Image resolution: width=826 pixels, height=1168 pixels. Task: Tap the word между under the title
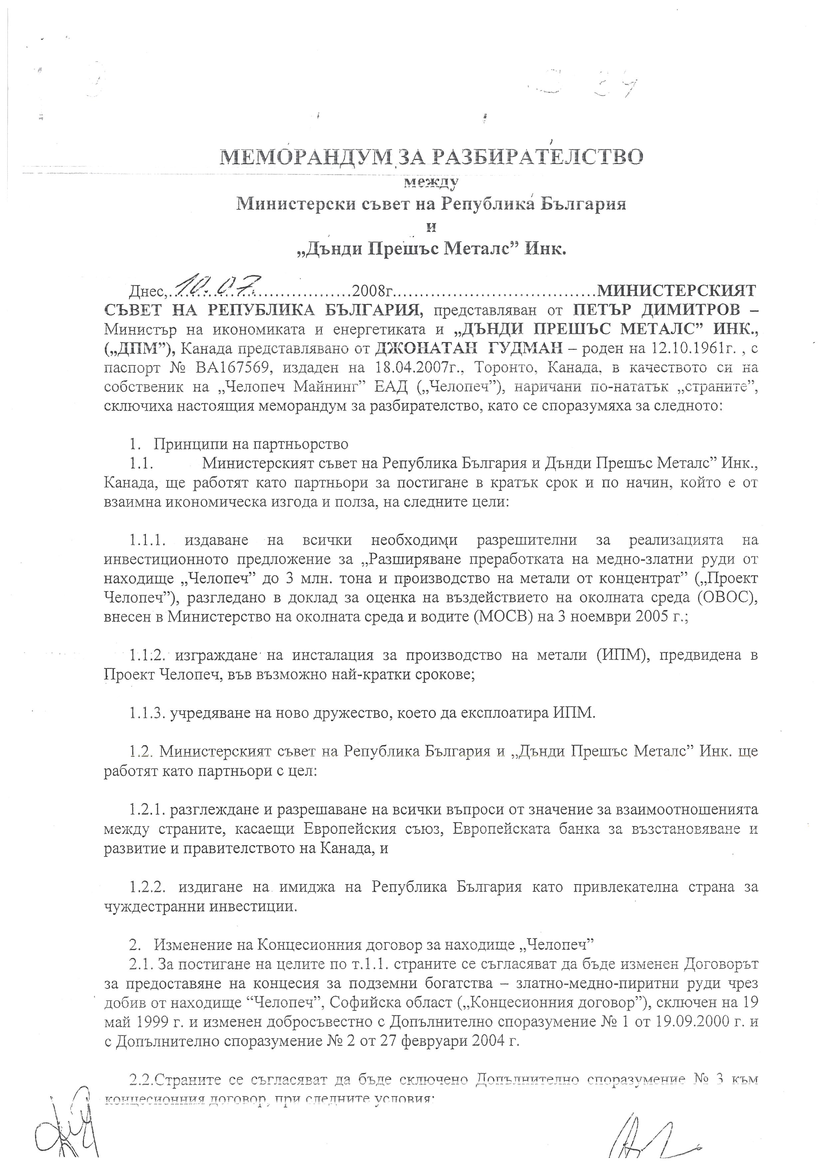(x=431, y=182)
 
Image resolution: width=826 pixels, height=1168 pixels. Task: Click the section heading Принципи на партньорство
(x=251, y=444)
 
